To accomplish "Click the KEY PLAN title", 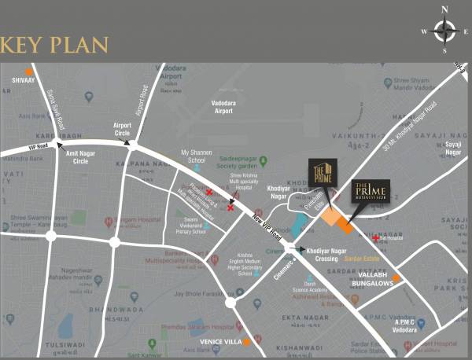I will [x=54, y=44].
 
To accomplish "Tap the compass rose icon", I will [x=445, y=31].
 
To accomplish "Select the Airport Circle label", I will [x=122, y=128].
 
